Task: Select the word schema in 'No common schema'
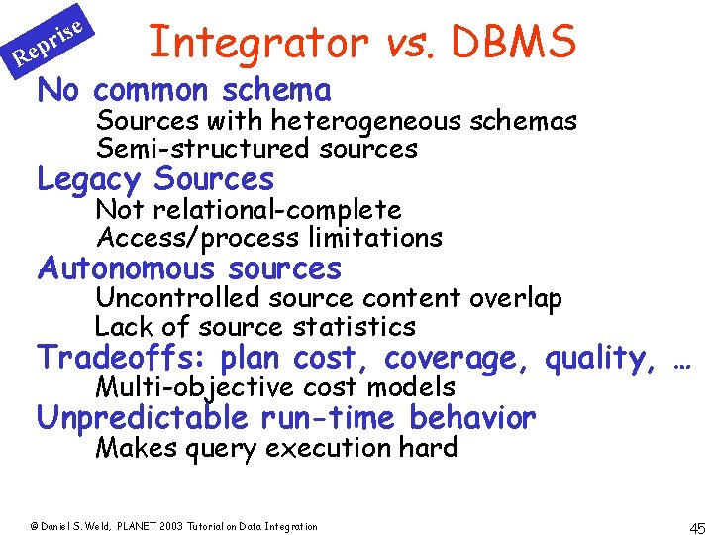coord(276,90)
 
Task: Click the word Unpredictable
coord(146,418)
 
